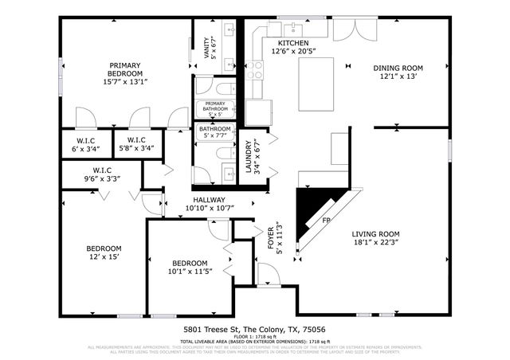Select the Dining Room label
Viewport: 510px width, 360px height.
coord(398,72)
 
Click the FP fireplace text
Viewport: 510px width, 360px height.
coord(326,220)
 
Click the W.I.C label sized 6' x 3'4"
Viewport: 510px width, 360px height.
coord(76,144)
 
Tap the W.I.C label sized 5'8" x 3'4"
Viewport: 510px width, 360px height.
coord(136,144)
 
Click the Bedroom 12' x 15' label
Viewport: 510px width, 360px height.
coord(104,252)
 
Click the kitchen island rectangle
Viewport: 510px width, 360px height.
coord(313,82)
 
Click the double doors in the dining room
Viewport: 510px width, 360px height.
coord(349,29)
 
